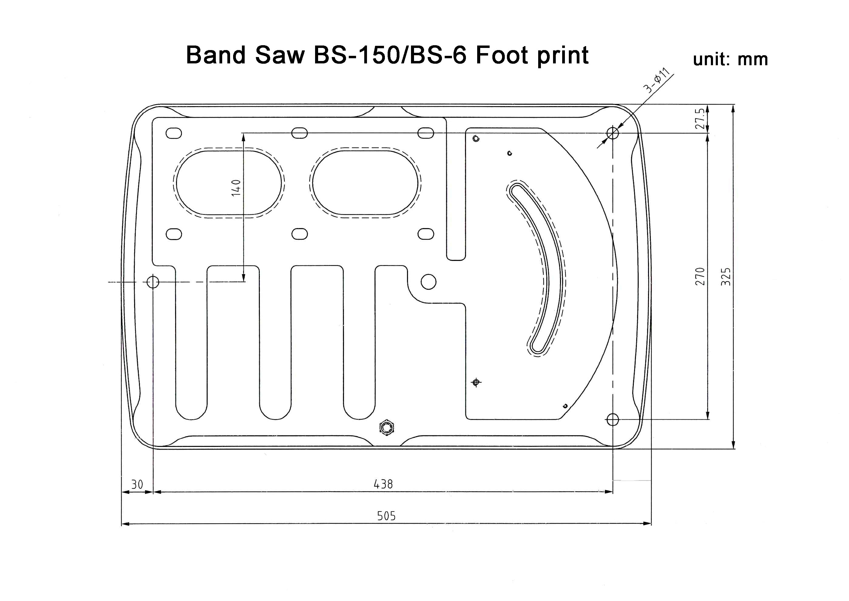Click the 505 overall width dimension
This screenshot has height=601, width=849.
[386, 516]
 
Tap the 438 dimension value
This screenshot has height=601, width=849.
[383, 484]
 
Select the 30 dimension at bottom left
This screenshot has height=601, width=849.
[137, 485]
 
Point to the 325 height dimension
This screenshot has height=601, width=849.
[727, 276]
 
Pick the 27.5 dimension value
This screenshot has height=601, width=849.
[699, 118]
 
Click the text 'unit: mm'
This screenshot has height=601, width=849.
[730, 59]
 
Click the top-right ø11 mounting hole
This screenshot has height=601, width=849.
[613, 133]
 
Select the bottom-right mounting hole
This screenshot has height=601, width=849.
[613, 419]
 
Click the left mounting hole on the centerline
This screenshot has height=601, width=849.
[153, 282]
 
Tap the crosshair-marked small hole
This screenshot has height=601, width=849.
[476, 382]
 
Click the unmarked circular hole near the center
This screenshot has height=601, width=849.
[428, 282]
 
